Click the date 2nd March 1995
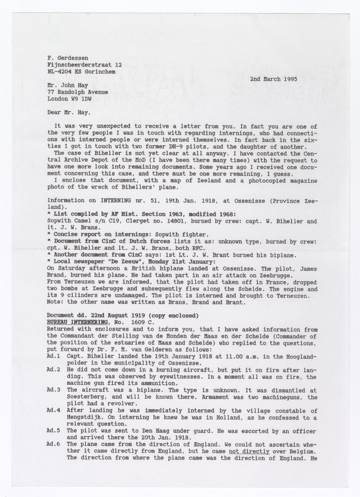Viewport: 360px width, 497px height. (273, 79)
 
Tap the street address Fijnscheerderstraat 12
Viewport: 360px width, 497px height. (85, 65)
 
